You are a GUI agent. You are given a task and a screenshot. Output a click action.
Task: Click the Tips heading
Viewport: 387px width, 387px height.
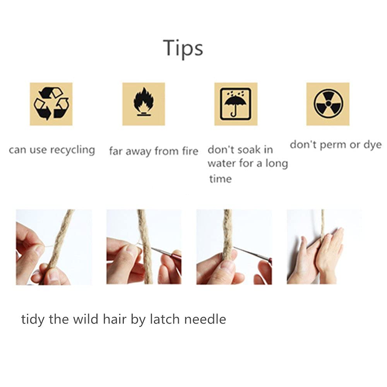tap(183, 48)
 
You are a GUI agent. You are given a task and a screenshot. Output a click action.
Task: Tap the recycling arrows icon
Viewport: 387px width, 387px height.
tap(51, 104)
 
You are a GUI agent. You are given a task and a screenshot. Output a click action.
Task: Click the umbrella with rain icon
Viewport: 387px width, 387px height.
tap(236, 104)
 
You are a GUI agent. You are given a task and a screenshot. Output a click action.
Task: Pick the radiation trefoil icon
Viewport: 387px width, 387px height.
tap(328, 103)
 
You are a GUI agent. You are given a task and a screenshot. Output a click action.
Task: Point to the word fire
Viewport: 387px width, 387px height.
tap(190, 151)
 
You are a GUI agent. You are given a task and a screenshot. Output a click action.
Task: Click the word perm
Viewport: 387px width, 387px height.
tap(333, 145)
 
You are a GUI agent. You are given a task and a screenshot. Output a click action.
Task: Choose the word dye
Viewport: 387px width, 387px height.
tap(373, 145)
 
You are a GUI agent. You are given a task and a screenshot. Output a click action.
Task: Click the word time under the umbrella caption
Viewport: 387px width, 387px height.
tap(221, 179)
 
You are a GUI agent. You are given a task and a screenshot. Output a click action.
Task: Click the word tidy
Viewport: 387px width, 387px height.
tap(33, 320)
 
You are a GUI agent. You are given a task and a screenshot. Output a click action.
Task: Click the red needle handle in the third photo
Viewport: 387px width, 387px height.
tap(271, 261)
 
